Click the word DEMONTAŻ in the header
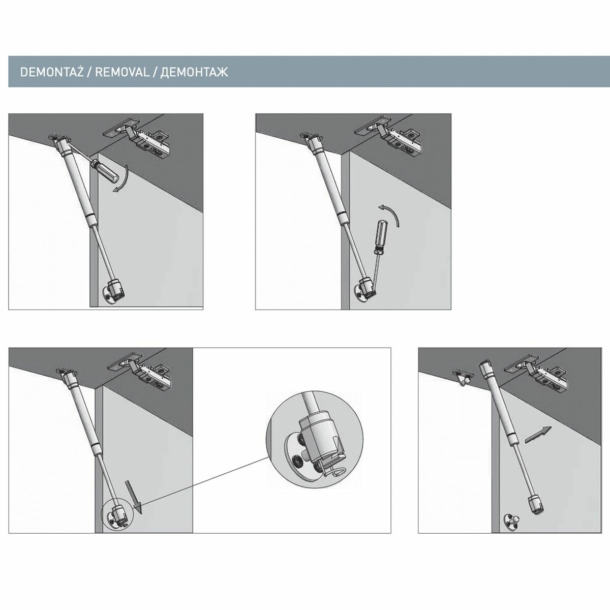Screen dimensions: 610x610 point(52,72)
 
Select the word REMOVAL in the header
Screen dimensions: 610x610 point(122,72)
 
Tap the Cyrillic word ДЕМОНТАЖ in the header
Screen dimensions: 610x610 point(194,73)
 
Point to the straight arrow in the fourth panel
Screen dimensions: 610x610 point(538,435)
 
